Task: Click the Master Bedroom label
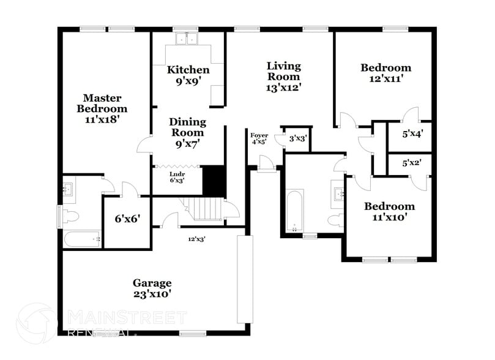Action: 102,108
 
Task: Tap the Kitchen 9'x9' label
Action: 188,75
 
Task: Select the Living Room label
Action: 283,77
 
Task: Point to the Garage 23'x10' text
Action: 152,288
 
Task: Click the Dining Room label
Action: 188,133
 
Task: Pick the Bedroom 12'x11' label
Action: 385,73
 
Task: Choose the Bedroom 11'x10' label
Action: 389,211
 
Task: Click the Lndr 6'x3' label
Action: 177,177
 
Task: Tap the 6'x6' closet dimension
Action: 128,219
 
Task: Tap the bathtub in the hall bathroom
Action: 294,211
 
